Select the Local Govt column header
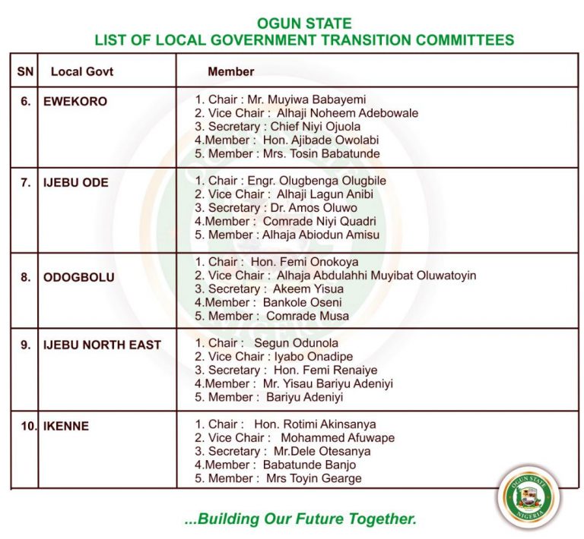coord(78,71)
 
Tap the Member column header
coord(231,71)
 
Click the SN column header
coord(24,71)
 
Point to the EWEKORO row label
coord(75,101)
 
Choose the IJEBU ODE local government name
coord(75,182)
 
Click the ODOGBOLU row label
coord(79,277)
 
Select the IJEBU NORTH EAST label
coord(102,345)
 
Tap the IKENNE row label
coord(66,426)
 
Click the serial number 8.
coord(26,277)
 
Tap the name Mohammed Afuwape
coord(338,438)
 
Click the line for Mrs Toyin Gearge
coord(313,478)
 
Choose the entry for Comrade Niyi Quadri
coord(319,221)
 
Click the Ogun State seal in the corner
coord(530,498)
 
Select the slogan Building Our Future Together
coord(301,519)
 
